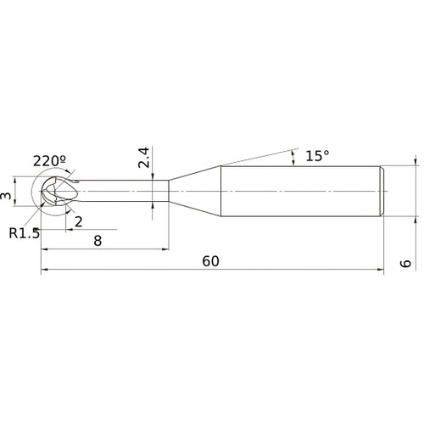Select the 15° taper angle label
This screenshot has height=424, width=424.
(316, 156)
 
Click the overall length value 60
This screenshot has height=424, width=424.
(210, 261)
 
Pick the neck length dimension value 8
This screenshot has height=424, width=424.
(98, 241)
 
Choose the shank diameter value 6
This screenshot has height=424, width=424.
(406, 264)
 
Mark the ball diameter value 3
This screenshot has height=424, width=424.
(8, 196)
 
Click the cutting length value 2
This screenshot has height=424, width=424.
(78, 221)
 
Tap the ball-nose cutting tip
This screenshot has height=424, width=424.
(53, 191)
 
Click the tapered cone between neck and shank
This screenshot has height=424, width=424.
(195, 191)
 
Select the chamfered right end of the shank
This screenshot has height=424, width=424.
(383, 191)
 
